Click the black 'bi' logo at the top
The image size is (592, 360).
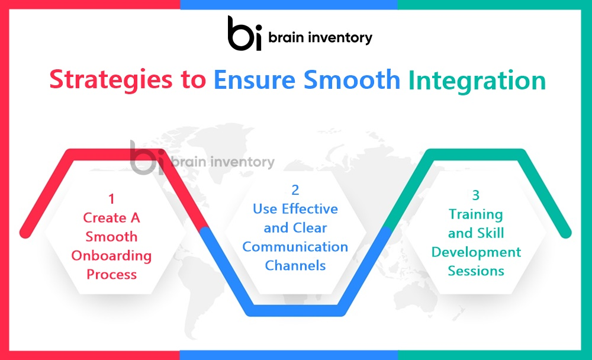[x=244, y=33]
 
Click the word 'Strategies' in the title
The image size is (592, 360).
[x=111, y=81]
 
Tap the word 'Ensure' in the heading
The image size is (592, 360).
[x=255, y=80]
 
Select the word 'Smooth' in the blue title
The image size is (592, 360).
[x=352, y=80]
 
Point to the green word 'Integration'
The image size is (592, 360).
[x=477, y=81]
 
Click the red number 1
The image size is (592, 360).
[x=111, y=199]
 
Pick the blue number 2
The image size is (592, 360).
[x=295, y=189]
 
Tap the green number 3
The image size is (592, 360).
[x=476, y=195]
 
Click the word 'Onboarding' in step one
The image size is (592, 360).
[x=111, y=256]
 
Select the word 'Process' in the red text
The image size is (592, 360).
[x=111, y=274]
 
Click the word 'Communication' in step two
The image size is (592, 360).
[x=295, y=247]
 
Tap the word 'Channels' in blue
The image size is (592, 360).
[x=295, y=266]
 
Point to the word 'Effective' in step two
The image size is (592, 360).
[x=310, y=208]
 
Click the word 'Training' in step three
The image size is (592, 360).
[x=476, y=214]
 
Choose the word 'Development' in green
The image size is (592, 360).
[x=476, y=253]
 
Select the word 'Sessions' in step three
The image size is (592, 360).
[x=476, y=271]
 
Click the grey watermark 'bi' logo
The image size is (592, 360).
[x=147, y=158]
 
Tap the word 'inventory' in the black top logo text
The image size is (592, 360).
[x=340, y=38]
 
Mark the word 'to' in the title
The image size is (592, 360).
[x=194, y=81]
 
